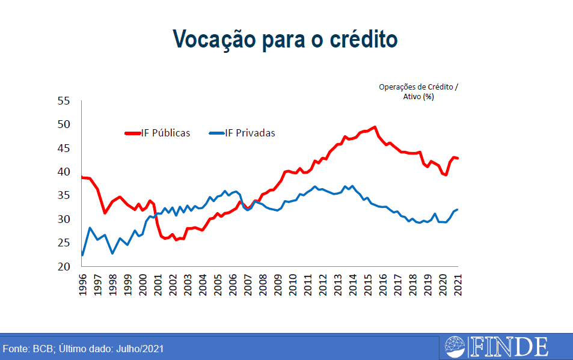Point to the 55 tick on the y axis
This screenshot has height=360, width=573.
pos(64,100)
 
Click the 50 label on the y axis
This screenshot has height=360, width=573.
pos(64,124)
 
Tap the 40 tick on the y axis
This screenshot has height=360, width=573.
pos(64,171)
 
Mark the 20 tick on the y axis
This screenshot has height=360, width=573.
pos(64,266)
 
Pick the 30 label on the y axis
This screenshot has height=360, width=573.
pos(64,219)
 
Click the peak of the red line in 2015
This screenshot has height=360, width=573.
pos(375,127)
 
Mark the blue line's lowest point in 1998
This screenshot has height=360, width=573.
pos(112,254)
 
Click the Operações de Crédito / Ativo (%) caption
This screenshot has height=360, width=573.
pos(418,91)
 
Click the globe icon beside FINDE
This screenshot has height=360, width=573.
pos(455,347)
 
